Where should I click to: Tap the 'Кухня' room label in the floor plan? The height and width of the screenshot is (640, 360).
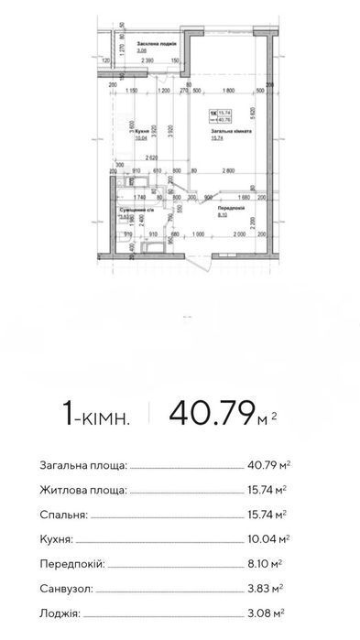pos(140,131)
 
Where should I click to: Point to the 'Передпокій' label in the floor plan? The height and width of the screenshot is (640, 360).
pos(229,208)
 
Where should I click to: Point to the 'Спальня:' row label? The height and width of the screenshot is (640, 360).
pos(66,514)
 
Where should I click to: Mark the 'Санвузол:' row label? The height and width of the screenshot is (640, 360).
pos(68,588)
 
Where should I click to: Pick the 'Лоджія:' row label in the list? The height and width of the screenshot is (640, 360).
pos(61,613)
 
